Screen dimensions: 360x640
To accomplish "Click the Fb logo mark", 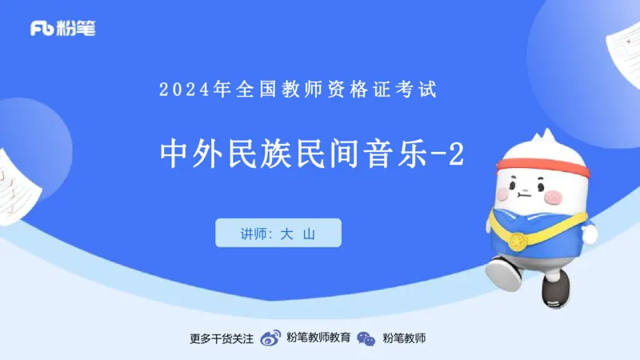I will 42,29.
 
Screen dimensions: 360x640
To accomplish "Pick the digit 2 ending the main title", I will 455,154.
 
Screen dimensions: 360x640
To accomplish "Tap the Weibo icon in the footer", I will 271,338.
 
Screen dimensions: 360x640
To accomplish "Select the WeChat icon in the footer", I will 366,338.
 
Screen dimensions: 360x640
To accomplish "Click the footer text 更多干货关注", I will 222,338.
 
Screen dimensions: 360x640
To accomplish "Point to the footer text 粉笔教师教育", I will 318,338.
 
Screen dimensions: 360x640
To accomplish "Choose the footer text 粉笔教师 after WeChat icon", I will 404,338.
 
